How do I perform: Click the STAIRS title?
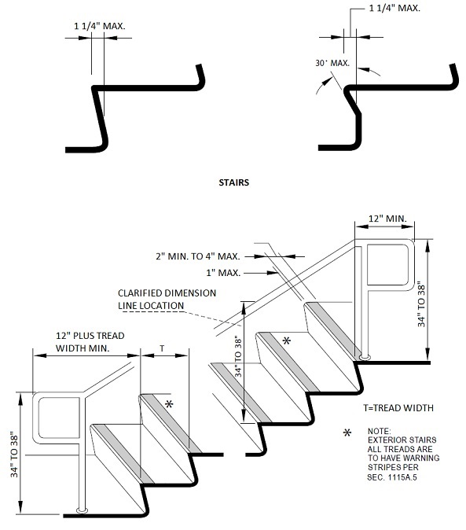(233, 182)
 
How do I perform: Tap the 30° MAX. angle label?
(332, 63)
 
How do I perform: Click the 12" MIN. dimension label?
(387, 219)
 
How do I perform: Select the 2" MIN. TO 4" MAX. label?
(198, 256)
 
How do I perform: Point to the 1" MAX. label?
(223, 273)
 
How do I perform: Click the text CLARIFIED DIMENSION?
(167, 293)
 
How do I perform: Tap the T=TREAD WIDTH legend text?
(398, 408)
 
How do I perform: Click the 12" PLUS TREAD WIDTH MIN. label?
(90, 342)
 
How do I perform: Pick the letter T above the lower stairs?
(162, 348)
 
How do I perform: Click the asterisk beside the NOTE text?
(347, 433)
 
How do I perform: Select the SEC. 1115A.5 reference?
(391, 477)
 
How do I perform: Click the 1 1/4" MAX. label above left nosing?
(100, 26)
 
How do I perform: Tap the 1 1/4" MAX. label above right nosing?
(394, 8)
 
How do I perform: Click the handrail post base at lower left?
(82, 510)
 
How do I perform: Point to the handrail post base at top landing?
(365, 356)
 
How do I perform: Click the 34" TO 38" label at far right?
(421, 304)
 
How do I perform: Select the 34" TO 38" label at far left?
(14, 454)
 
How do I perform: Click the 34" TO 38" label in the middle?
(238, 356)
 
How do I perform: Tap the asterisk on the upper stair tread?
(286, 340)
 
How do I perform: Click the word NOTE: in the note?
(379, 431)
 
